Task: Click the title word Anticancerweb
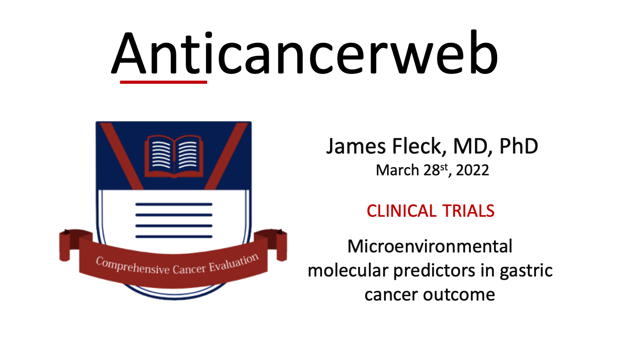pos(305,53)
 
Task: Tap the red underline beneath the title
pos(163,82)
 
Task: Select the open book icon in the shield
pos(174,156)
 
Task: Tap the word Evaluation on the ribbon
pos(234,262)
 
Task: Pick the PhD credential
pos(519,146)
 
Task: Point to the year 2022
pos(473,170)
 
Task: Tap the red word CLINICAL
pos(401,211)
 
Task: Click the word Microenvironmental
pos(430,246)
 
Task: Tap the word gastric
pos(526,271)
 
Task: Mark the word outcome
pos(459,295)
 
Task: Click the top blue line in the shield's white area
pos(174,205)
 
